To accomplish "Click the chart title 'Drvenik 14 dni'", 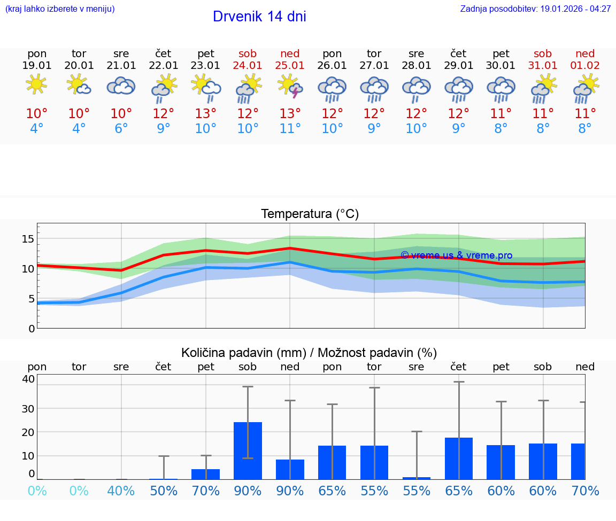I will click(x=259, y=17).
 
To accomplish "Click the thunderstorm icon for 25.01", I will click(x=290, y=86).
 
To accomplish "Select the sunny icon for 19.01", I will click(x=36, y=84).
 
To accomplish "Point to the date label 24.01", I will click(x=248, y=66).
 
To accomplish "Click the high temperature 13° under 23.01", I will click(x=205, y=114).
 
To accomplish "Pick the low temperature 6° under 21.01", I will click(x=121, y=129).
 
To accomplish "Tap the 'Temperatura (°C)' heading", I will click(x=310, y=214).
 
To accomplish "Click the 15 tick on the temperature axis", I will click(x=28, y=238).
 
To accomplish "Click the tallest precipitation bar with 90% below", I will click(x=248, y=450).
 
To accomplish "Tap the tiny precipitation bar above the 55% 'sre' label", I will click(x=417, y=478).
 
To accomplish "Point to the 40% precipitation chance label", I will click(x=121, y=491).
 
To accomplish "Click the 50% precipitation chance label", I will click(x=164, y=491).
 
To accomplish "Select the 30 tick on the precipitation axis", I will click(x=28, y=408).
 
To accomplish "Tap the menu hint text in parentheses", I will click(x=60, y=9).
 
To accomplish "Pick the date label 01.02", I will click(x=585, y=66).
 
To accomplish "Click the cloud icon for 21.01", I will click(x=121, y=85).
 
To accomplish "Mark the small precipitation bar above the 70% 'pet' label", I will click(x=205, y=474).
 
